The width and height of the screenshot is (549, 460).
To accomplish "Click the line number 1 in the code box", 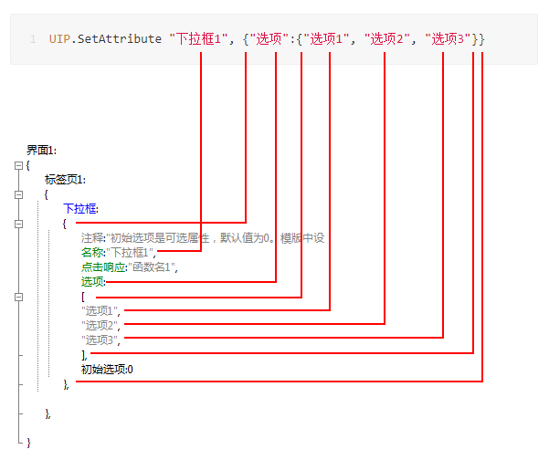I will coord(33,39).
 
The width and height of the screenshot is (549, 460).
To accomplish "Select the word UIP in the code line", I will coord(59,39).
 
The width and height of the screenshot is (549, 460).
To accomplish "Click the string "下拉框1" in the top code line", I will coord(198,39).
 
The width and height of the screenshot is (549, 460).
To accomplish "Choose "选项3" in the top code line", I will coord(449,39).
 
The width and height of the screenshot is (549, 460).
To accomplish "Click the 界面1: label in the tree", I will coord(42,151).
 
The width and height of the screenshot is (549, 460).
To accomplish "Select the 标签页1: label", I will coord(65,180).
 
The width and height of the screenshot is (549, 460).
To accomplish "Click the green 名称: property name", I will coord(92,253).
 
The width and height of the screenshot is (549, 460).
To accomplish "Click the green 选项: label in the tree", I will coord(92,282).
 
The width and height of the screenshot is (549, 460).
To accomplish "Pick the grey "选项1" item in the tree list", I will coord(101,311).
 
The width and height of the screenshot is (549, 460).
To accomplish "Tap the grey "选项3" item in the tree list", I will coord(101,340).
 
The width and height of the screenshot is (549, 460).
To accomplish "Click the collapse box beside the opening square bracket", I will coord(18,297).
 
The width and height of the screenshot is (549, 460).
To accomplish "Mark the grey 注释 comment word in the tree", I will coord(92,238).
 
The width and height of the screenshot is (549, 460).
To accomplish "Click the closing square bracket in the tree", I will coord(84,354).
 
